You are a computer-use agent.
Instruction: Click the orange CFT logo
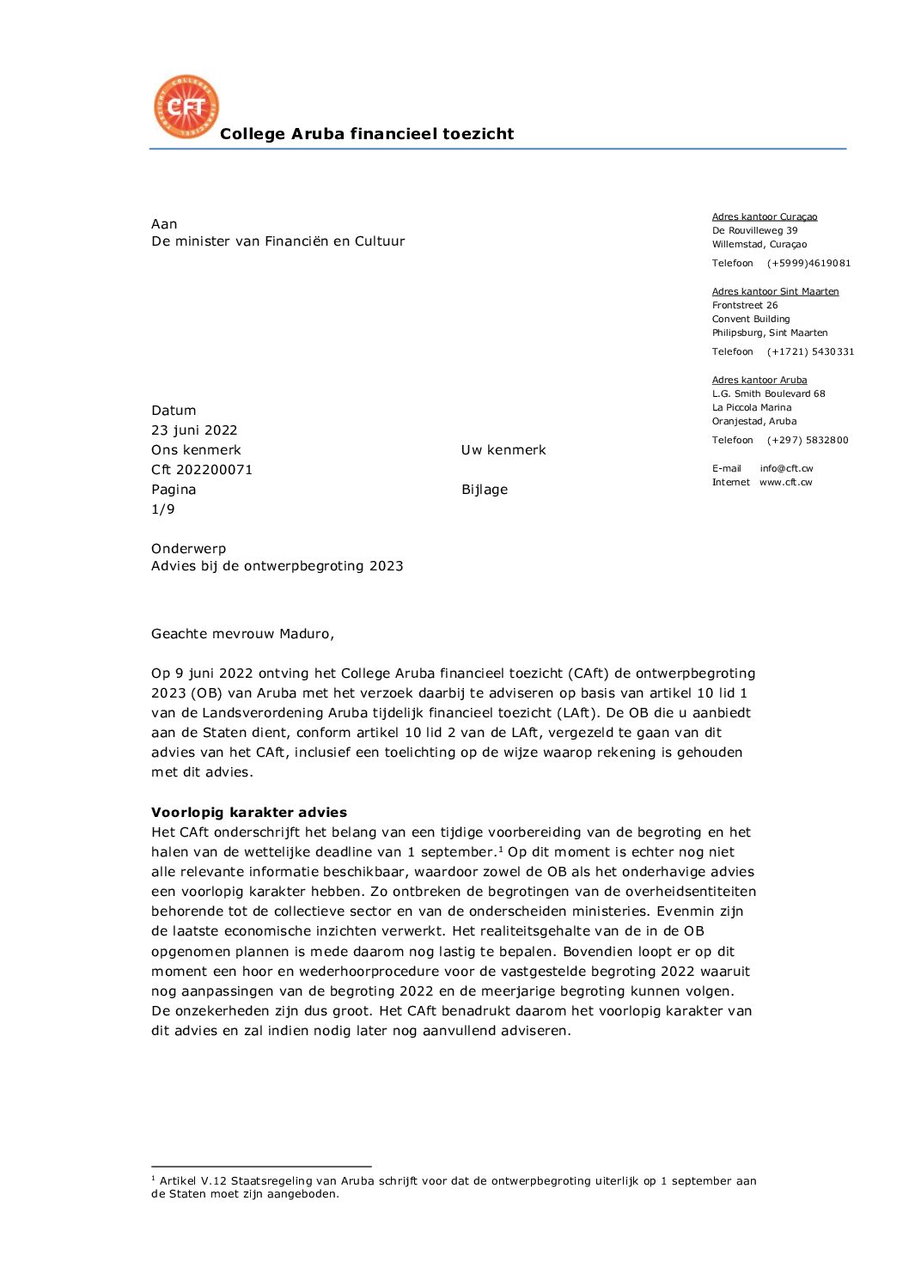(186, 107)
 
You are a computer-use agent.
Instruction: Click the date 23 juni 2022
(194, 430)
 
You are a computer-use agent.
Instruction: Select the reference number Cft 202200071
(202, 470)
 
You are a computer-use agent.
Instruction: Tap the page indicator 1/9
(163, 509)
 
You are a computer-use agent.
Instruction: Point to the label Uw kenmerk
(503, 450)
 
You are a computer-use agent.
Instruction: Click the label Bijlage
(485, 490)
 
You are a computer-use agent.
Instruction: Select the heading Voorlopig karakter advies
(249, 813)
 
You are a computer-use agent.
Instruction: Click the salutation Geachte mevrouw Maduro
(242, 634)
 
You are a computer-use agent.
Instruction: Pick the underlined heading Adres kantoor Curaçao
(765, 217)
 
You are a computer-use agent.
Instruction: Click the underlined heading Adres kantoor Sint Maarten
(775, 292)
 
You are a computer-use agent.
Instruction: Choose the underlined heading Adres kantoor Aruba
(760, 381)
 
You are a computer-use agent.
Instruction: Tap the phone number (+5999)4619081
(808, 264)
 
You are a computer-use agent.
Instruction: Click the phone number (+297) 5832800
(808, 441)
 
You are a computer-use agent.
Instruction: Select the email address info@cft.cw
(786, 469)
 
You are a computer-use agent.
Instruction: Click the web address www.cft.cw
(785, 483)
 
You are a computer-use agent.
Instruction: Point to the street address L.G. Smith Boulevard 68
(768, 394)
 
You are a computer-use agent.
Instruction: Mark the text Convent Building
(751, 320)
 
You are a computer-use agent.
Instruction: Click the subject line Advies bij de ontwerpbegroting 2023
(278, 566)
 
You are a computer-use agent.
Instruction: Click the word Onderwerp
(189, 549)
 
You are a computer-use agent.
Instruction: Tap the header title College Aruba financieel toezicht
(367, 134)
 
